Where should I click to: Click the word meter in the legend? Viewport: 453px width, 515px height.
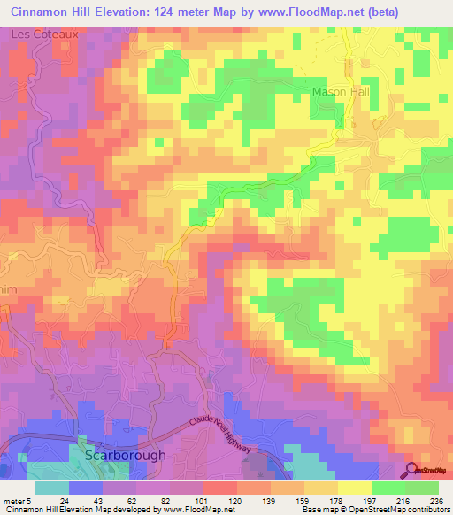[12, 500]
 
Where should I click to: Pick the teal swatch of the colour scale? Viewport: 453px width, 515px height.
[51, 488]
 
